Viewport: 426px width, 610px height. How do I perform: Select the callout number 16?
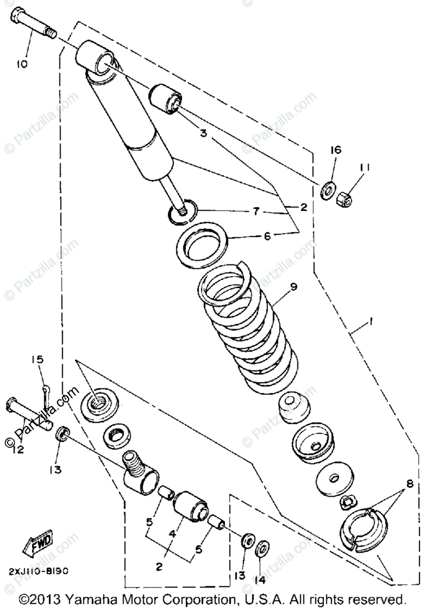click(336, 150)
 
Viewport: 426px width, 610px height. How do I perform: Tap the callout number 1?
click(372, 322)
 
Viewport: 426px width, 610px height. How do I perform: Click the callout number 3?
click(203, 134)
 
